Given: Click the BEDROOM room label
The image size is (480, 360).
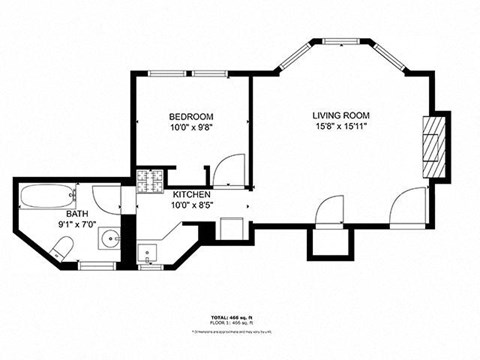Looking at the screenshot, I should tap(190, 116).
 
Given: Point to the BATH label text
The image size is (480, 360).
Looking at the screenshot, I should tap(77, 214).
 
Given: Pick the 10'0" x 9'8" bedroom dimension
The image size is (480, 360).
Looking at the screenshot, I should tap(190, 128).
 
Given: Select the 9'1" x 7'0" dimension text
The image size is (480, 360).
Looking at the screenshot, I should tap(77, 225).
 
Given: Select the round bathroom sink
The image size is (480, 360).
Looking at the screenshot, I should tap(108, 241).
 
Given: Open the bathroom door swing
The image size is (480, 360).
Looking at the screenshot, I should tap(106, 197).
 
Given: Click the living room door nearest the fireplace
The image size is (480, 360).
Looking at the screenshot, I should tap(408, 205).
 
